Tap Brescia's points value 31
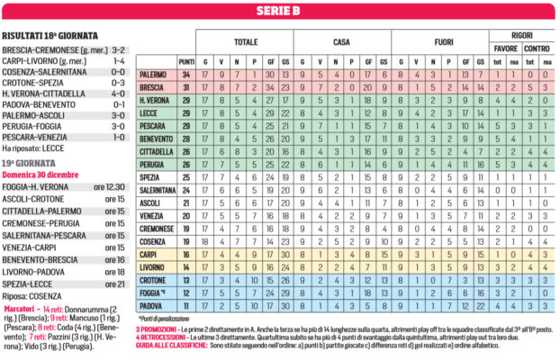click(x=186, y=87)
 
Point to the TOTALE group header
click(x=245, y=41)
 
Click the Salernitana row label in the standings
click(x=157, y=190)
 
